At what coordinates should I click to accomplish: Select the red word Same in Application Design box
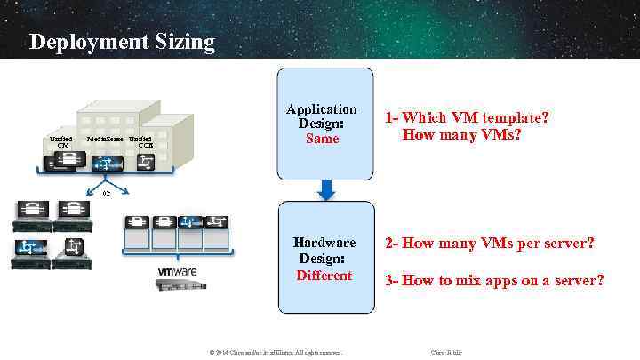[x=322, y=139]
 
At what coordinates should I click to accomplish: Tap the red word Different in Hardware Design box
[x=324, y=276]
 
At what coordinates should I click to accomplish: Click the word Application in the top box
[x=322, y=109]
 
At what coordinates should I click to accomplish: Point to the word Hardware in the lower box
[x=324, y=242]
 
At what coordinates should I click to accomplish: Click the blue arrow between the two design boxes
[x=325, y=188]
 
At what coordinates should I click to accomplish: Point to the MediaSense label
[x=105, y=140]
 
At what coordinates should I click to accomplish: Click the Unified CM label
[x=61, y=143]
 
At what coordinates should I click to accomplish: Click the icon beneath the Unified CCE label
[x=144, y=161]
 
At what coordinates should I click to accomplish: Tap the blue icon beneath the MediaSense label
[x=105, y=163]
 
